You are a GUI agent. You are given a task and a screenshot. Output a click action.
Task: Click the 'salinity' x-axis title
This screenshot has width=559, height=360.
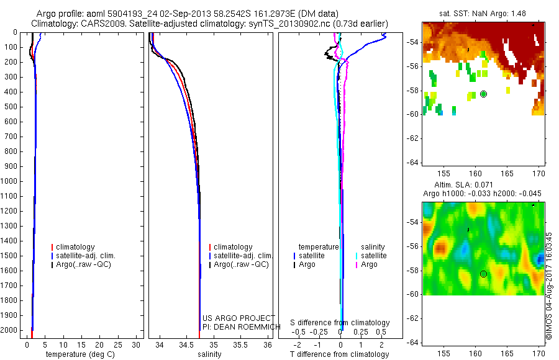(x=209, y=354)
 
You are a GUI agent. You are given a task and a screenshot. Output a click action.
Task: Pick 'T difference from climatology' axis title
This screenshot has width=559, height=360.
(x=339, y=354)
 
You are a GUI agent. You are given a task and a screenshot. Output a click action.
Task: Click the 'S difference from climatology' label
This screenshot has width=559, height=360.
(x=340, y=323)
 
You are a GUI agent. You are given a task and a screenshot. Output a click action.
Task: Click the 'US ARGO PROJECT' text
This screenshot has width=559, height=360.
(x=238, y=318)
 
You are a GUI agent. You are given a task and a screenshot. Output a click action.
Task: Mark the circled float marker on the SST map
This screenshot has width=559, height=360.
(x=483, y=94)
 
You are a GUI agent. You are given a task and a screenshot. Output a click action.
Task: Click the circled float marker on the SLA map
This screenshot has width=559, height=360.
(x=483, y=274)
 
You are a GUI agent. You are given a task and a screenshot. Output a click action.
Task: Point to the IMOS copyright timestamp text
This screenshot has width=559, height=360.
(x=548, y=286)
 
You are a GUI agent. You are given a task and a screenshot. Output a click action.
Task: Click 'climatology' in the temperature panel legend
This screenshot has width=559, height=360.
(x=75, y=247)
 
